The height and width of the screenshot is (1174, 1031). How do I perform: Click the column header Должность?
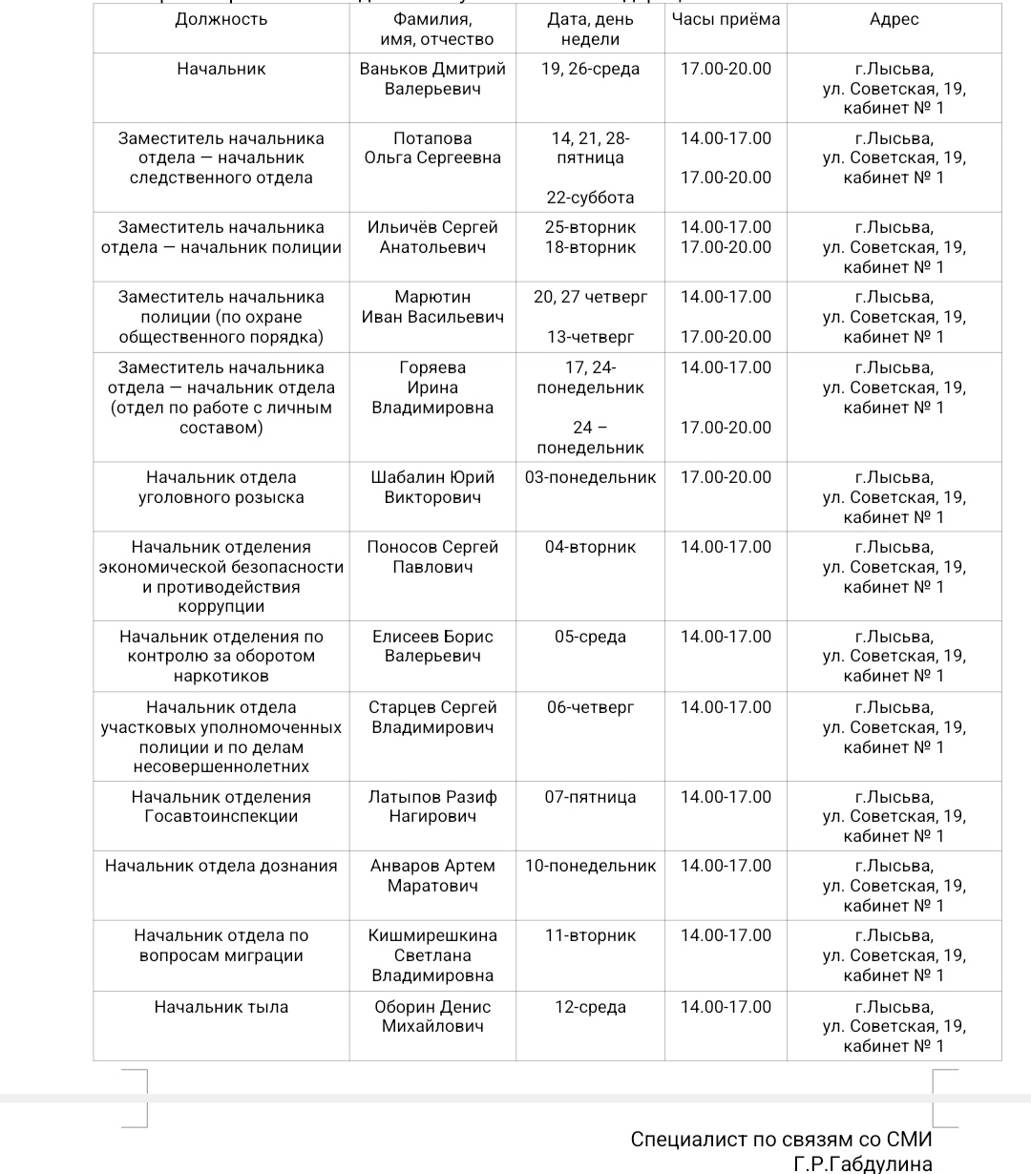click(221, 19)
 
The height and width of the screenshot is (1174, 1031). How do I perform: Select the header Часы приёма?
click(726, 19)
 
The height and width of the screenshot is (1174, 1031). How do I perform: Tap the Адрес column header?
click(894, 19)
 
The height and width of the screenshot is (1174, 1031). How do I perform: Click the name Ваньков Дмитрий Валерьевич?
click(432, 78)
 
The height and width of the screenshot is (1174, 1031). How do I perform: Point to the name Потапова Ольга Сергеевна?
click(432, 148)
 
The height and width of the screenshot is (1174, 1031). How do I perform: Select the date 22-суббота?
click(590, 198)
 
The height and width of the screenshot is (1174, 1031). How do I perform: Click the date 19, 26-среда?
click(590, 69)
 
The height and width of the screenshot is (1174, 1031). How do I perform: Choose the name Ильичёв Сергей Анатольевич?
click(432, 237)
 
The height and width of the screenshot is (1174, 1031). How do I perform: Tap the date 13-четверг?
click(590, 337)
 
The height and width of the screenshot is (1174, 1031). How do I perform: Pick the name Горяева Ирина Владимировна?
click(432, 388)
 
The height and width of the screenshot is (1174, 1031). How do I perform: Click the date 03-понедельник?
click(590, 477)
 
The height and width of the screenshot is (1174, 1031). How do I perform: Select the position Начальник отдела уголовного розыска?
click(221, 487)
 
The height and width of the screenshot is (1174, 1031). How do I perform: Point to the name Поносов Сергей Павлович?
click(432, 556)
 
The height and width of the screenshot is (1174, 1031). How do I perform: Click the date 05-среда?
click(590, 637)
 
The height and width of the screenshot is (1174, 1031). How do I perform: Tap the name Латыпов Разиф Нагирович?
click(432, 807)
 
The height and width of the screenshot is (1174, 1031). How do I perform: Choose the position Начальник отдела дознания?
click(221, 866)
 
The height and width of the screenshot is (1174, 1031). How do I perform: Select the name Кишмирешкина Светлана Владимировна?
click(432, 955)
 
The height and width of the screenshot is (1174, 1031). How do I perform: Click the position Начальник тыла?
click(221, 1007)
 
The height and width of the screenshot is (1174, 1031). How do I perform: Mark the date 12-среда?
click(590, 1007)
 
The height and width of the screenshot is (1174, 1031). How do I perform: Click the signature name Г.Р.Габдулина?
click(862, 1164)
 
